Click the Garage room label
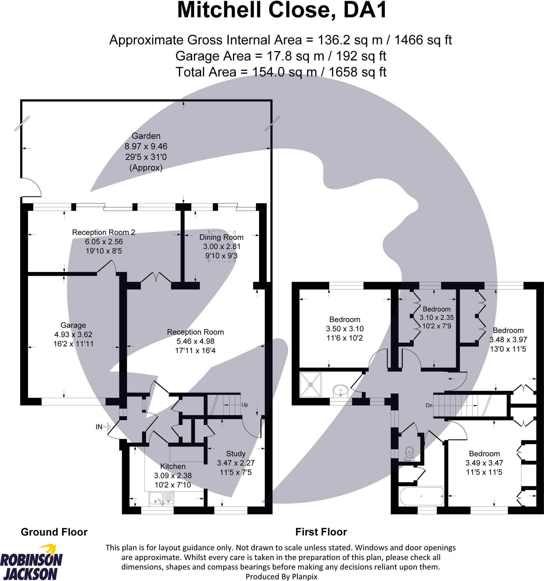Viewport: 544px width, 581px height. click(73, 325)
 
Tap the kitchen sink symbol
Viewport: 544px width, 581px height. click(161, 498)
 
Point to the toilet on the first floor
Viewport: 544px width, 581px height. click(409, 453)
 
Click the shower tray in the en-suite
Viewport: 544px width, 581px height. click(310, 385)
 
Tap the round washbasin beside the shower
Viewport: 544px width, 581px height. click(341, 390)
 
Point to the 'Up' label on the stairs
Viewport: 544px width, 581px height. click(245, 405)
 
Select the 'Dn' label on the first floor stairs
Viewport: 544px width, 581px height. click(429, 405)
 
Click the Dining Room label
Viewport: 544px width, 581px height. click(221, 237)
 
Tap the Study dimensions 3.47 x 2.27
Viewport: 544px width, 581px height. click(236, 463)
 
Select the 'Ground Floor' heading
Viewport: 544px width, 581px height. click(54, 532)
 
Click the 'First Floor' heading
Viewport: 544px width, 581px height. click(321, 532)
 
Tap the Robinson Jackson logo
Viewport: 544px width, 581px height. click(31, 563)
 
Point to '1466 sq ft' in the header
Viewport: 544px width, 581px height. click(423, 40)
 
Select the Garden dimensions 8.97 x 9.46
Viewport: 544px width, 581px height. click(146, 146)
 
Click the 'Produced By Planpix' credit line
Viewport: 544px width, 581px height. click(281, 577)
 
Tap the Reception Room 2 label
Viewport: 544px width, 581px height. click(104, 232)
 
